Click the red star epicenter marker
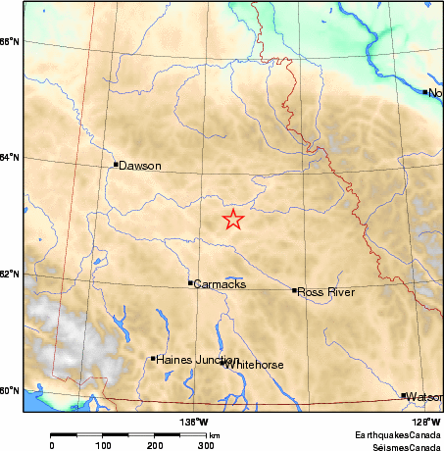click(232, 220)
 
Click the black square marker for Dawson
click(116, 164)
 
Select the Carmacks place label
click(220, 284)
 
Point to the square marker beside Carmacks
click(190, 282)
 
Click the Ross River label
click(325, 292)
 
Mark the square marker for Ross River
click(294, 290)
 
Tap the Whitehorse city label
click(255, 365)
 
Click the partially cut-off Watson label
click(424, 397)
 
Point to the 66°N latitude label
click(9, 41)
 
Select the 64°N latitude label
click(9, 158)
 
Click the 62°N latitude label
click(9, 274)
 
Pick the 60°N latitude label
click(9, 390)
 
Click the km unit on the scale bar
click(213, 435)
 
